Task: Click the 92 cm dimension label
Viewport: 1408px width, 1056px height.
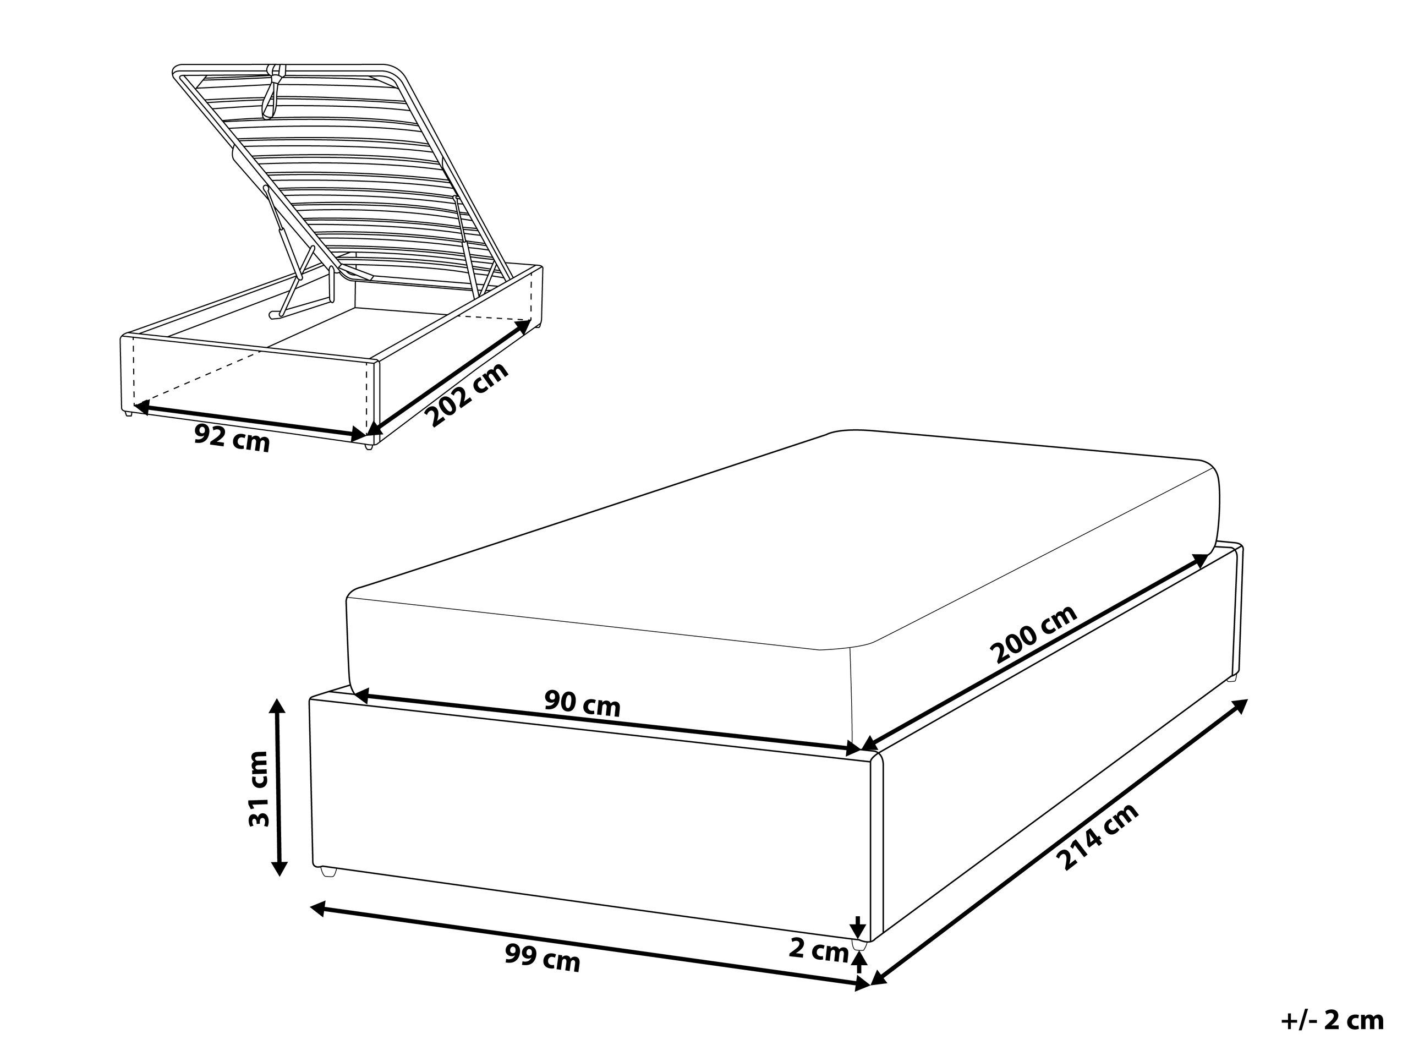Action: (x=232, y=439)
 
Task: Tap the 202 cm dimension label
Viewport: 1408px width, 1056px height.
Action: (x=467, y=394)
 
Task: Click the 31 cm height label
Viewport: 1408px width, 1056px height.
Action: (x=259, y=789)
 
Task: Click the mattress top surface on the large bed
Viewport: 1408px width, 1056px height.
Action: (x=764, y=541)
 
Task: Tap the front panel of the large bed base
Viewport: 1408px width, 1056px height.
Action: (x=589, y=821)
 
